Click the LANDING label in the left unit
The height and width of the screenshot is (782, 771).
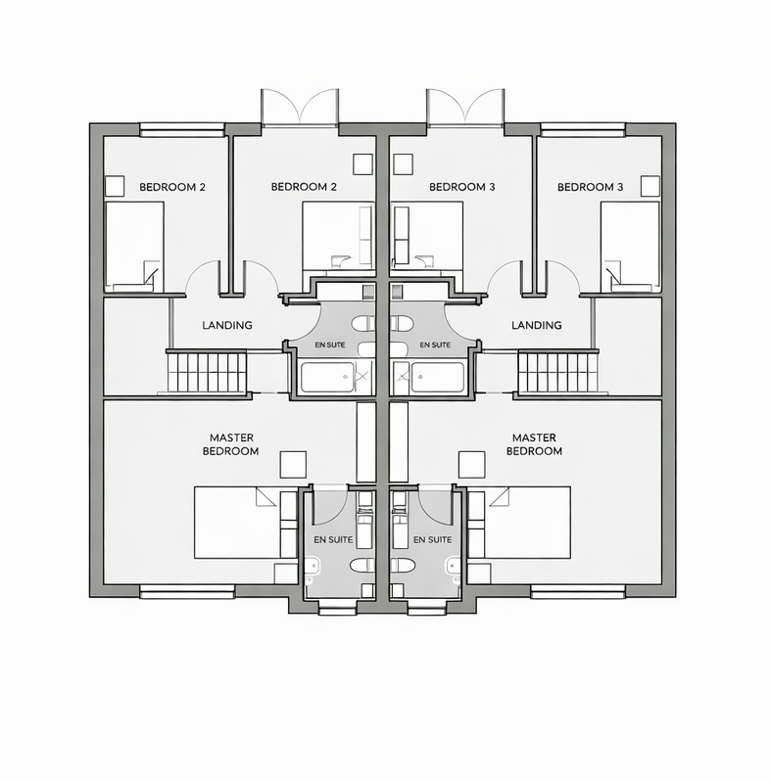227,325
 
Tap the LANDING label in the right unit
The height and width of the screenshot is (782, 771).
537,325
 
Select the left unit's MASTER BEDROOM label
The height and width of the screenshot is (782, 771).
231,444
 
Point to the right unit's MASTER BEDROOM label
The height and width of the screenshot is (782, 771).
534,444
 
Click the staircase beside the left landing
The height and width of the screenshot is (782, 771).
207,372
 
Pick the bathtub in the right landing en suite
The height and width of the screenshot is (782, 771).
437,377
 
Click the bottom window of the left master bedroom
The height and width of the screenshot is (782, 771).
187,590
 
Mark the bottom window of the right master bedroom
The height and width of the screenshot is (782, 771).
578,590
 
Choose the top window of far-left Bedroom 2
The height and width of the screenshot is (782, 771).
183,128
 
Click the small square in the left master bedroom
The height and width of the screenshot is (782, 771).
293,464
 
